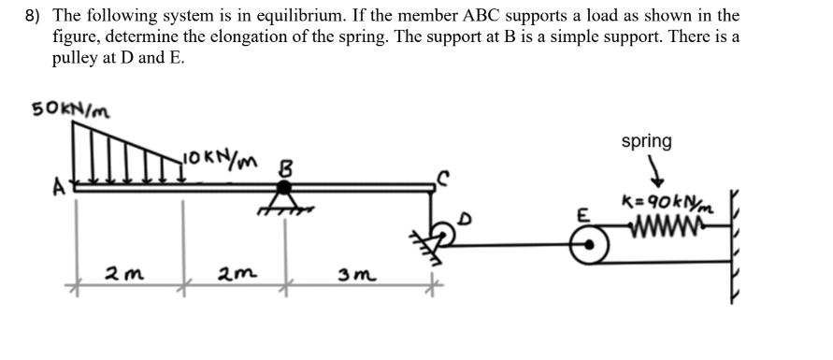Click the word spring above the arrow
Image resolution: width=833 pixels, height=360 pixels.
click(x=646, y=141)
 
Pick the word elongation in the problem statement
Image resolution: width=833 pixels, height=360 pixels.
click(x=285, y=36)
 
